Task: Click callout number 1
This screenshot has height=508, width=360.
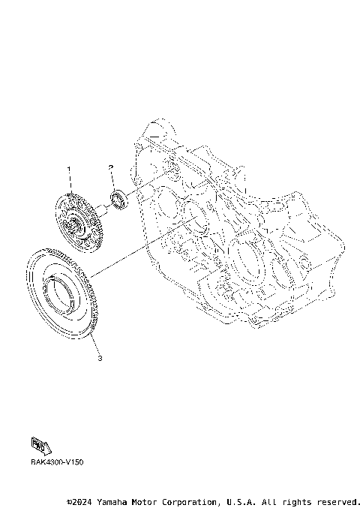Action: coord(70,170)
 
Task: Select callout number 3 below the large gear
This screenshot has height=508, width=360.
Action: coord(100,358)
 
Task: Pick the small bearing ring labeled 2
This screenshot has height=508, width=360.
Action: coord(118,200)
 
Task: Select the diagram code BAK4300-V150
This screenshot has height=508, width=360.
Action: coord(57,462)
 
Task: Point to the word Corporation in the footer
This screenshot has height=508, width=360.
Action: coord(184,500)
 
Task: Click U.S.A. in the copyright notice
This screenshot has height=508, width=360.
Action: coord(238,500)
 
